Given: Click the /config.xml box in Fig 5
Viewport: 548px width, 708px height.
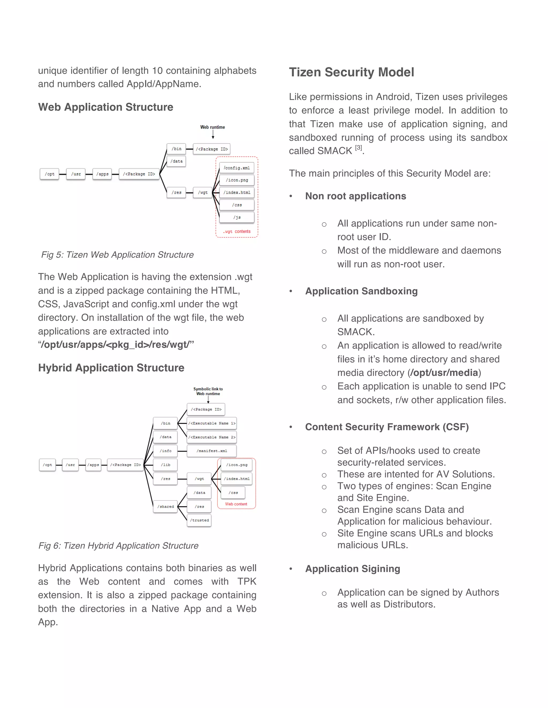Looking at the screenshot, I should click(237, 168).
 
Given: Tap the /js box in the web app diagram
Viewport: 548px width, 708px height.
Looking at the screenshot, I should click(237, 217).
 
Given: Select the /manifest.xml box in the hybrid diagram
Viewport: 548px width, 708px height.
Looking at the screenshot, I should click(212, 451).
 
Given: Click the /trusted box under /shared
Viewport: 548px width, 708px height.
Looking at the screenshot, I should click(199, 520).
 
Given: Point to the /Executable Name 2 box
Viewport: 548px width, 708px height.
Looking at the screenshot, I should click(212, 437).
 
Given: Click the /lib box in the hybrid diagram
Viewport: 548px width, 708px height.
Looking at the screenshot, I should click(165, 465).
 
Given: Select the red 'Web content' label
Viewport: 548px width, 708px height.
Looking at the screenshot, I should click(236, 504).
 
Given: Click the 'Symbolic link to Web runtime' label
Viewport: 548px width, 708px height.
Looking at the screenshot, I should click(208, 391).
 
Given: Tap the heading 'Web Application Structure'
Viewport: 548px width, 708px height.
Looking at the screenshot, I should click(105, 107).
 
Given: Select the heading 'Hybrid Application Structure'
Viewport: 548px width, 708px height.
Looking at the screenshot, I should click(111, 368).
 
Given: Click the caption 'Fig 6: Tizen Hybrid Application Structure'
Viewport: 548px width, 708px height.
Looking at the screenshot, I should click(119, 546).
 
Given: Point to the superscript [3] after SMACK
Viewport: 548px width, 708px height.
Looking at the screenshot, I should click(358, 148).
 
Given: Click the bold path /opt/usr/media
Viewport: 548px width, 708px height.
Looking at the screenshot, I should click(444, 373).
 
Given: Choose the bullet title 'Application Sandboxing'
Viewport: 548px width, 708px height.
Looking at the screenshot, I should click(361, 291).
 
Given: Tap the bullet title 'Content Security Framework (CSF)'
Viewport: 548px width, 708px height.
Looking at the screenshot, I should click(387, 427).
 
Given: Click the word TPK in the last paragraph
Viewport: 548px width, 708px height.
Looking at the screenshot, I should click(246, 582).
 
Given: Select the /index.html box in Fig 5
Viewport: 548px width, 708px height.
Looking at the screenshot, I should click(237, 193).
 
